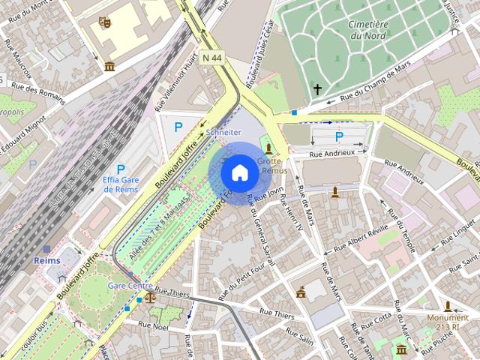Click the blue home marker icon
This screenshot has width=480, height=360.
239,172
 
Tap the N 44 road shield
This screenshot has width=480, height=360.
212,57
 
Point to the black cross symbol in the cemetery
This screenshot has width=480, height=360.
317,89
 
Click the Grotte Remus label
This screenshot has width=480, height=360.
273,166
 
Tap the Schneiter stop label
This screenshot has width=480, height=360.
223,132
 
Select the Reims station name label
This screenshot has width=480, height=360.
47,260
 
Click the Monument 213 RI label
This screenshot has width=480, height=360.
448,322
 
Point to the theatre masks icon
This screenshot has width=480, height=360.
105,22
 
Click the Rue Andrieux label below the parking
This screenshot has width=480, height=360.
332,153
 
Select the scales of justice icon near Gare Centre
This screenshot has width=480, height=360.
150,296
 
